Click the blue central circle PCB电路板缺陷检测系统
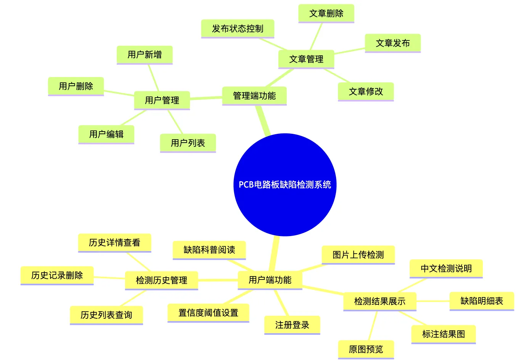[285, 185]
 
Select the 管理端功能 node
[254, 96]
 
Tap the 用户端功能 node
[270, 280]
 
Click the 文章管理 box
[306, 59]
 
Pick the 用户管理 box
[162, 100]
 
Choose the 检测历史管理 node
[161, 280]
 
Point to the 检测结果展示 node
[379, 302]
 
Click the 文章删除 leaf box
[326, 13]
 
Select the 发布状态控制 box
[238, 29]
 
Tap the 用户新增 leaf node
[145, 55]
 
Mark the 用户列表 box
[188, 143]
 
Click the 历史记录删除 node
[57, 276]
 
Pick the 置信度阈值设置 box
[208, 313]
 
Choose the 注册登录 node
[292, 325]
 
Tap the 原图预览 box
[366, 350]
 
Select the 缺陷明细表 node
[482, 301]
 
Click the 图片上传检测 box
[358, 255]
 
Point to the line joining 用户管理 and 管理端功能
[206, 98]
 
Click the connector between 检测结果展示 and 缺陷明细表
[433, 301]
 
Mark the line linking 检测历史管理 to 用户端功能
[218, 280]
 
